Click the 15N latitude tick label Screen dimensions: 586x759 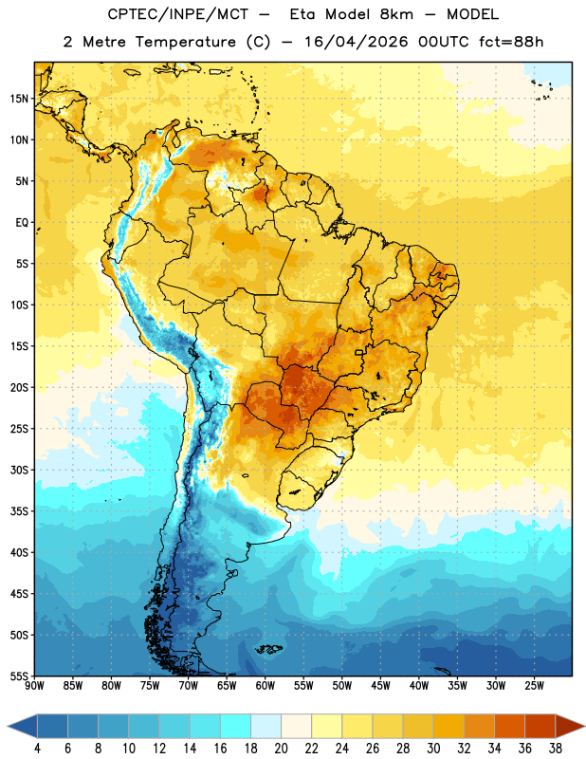click(19, 99)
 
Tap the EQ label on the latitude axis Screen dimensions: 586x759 click(22, 223)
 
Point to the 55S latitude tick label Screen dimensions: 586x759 click(19, 676)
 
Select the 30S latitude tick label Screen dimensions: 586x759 click(19, 470)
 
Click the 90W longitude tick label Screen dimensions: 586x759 click(34, 686)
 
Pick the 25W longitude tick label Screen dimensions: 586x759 click(534, 686)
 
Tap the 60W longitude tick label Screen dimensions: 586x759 click(266, 686)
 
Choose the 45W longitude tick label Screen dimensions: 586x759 click(380, 686)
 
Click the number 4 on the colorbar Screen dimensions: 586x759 click(37, 749)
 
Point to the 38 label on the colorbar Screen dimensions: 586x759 click(555, 749)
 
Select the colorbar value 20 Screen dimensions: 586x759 click(281, 749)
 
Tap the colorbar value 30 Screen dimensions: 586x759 click(433, 749)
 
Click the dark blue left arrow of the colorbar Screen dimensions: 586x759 click(23, 726)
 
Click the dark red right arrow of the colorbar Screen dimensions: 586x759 click(570, 726)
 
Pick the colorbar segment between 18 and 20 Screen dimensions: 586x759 click(266, 726)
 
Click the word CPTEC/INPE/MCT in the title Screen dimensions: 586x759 click(177, 14)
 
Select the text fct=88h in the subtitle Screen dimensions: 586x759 click(511, 42)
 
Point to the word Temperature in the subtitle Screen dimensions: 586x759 click(185, 42)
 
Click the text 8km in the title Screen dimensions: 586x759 click(396, 14)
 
